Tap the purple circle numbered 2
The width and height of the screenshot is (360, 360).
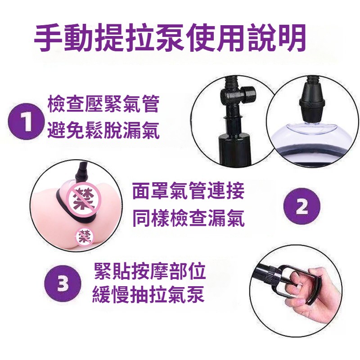(301, 207)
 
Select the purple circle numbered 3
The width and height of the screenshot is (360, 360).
(63, 283)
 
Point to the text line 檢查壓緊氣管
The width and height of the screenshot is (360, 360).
(103, 104)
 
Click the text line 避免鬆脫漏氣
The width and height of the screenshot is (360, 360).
(103, 130)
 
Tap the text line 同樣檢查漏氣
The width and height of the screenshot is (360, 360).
(188, 218)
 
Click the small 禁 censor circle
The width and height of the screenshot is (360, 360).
(85, 236)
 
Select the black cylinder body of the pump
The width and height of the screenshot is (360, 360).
(234, 149)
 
